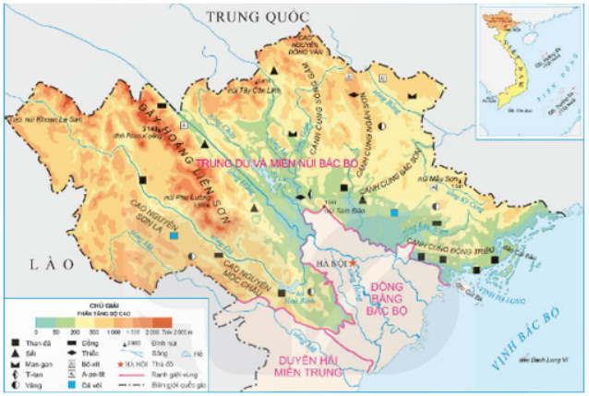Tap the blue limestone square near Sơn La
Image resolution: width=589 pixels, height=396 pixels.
(x=174, y=235)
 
